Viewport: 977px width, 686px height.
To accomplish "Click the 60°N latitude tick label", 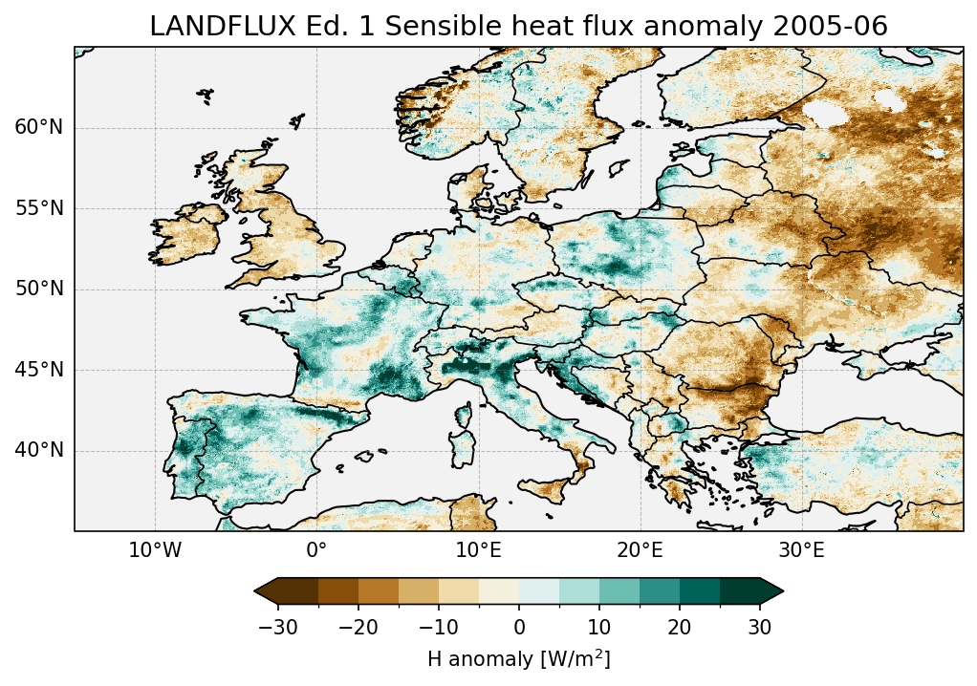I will [x=38, y=128].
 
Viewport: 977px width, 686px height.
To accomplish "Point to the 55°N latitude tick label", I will [x=38, y=208].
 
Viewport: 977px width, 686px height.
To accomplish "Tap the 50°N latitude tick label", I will [x=38, y=289].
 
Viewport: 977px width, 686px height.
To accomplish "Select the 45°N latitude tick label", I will [x=38, y=370].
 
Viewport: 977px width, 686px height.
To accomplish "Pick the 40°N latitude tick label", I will [x=38, y=450].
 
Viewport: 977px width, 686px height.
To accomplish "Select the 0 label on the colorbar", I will [x=519, y=628].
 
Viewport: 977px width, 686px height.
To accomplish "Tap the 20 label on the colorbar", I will [x=680, y=628].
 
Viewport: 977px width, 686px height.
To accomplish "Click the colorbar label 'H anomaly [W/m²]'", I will [x=518, y=658].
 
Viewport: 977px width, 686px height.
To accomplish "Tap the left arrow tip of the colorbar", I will [x=256, y=592].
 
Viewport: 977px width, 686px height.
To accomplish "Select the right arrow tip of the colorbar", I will [x=782, y=592].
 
